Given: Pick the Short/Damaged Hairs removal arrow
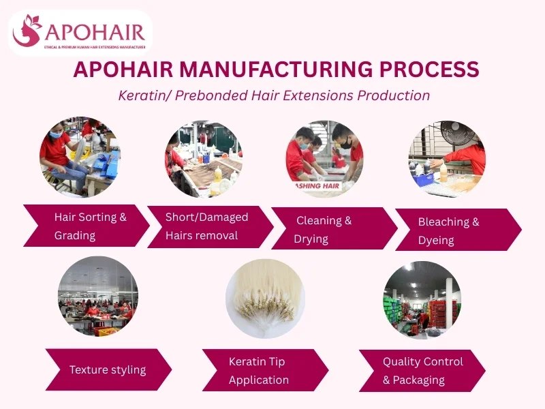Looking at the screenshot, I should (x=208, y=226).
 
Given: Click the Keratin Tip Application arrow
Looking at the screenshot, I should (x=263, y=370).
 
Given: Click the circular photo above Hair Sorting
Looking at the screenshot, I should (x=80, y=156).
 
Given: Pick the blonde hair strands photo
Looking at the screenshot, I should (x=265, y=300).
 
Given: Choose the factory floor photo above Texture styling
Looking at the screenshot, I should (x=98, y=296).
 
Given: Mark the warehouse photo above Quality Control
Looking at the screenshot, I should (x=422, y=300).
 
